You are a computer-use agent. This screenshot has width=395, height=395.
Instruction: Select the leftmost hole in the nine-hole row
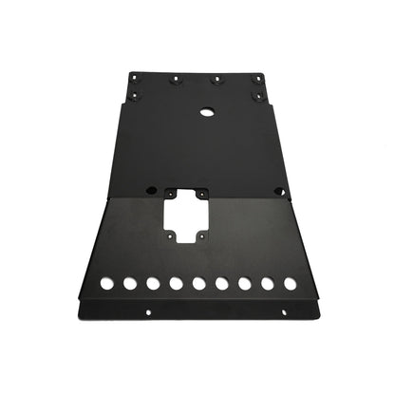[105, 283]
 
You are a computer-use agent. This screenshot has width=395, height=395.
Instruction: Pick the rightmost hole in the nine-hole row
[290, 283]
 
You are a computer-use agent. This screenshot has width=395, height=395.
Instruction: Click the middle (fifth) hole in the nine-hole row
[197, 283]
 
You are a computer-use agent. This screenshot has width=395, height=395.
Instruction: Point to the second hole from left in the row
[129, 283]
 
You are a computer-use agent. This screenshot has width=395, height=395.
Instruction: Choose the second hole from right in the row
[267, 283]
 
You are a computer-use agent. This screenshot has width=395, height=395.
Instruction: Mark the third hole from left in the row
[152, 283]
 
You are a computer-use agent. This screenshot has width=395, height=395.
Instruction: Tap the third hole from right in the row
[244, 283]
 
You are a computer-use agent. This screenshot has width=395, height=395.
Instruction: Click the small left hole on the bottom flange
[147, 310]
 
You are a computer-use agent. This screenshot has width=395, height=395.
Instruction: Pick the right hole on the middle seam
[278, 191]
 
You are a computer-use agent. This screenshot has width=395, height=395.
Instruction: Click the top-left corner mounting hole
[135, 78]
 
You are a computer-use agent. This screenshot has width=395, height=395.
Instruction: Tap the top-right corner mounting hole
[256, 78]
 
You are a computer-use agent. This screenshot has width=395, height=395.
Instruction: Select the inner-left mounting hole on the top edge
[176, 80]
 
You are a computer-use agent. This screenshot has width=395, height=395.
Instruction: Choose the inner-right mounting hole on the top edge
[217, 80]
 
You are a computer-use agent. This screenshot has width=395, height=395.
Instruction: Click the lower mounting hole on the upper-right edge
[257, 95]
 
